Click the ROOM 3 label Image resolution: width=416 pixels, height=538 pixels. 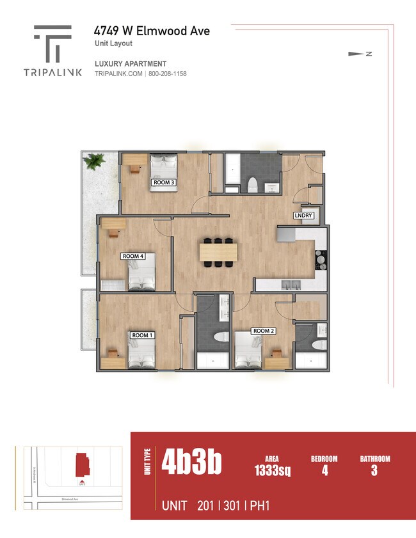pos(164,182)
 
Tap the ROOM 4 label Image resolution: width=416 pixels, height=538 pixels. pos(133,256)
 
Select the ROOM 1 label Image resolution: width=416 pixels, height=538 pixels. pos(142,335)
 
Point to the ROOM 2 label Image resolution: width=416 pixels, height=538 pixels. pos(264,331)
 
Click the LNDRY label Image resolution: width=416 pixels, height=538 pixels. pos(303,216)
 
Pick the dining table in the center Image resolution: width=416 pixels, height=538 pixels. pos(218,252)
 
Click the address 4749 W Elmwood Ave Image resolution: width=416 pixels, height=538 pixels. pos(152,31)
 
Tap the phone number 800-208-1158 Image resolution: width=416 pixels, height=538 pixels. pos(168,74)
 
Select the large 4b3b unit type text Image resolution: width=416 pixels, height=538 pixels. pos(191,462)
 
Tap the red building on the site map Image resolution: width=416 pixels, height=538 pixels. pos(82,464)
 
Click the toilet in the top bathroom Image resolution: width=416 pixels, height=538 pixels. pos(252,186)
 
